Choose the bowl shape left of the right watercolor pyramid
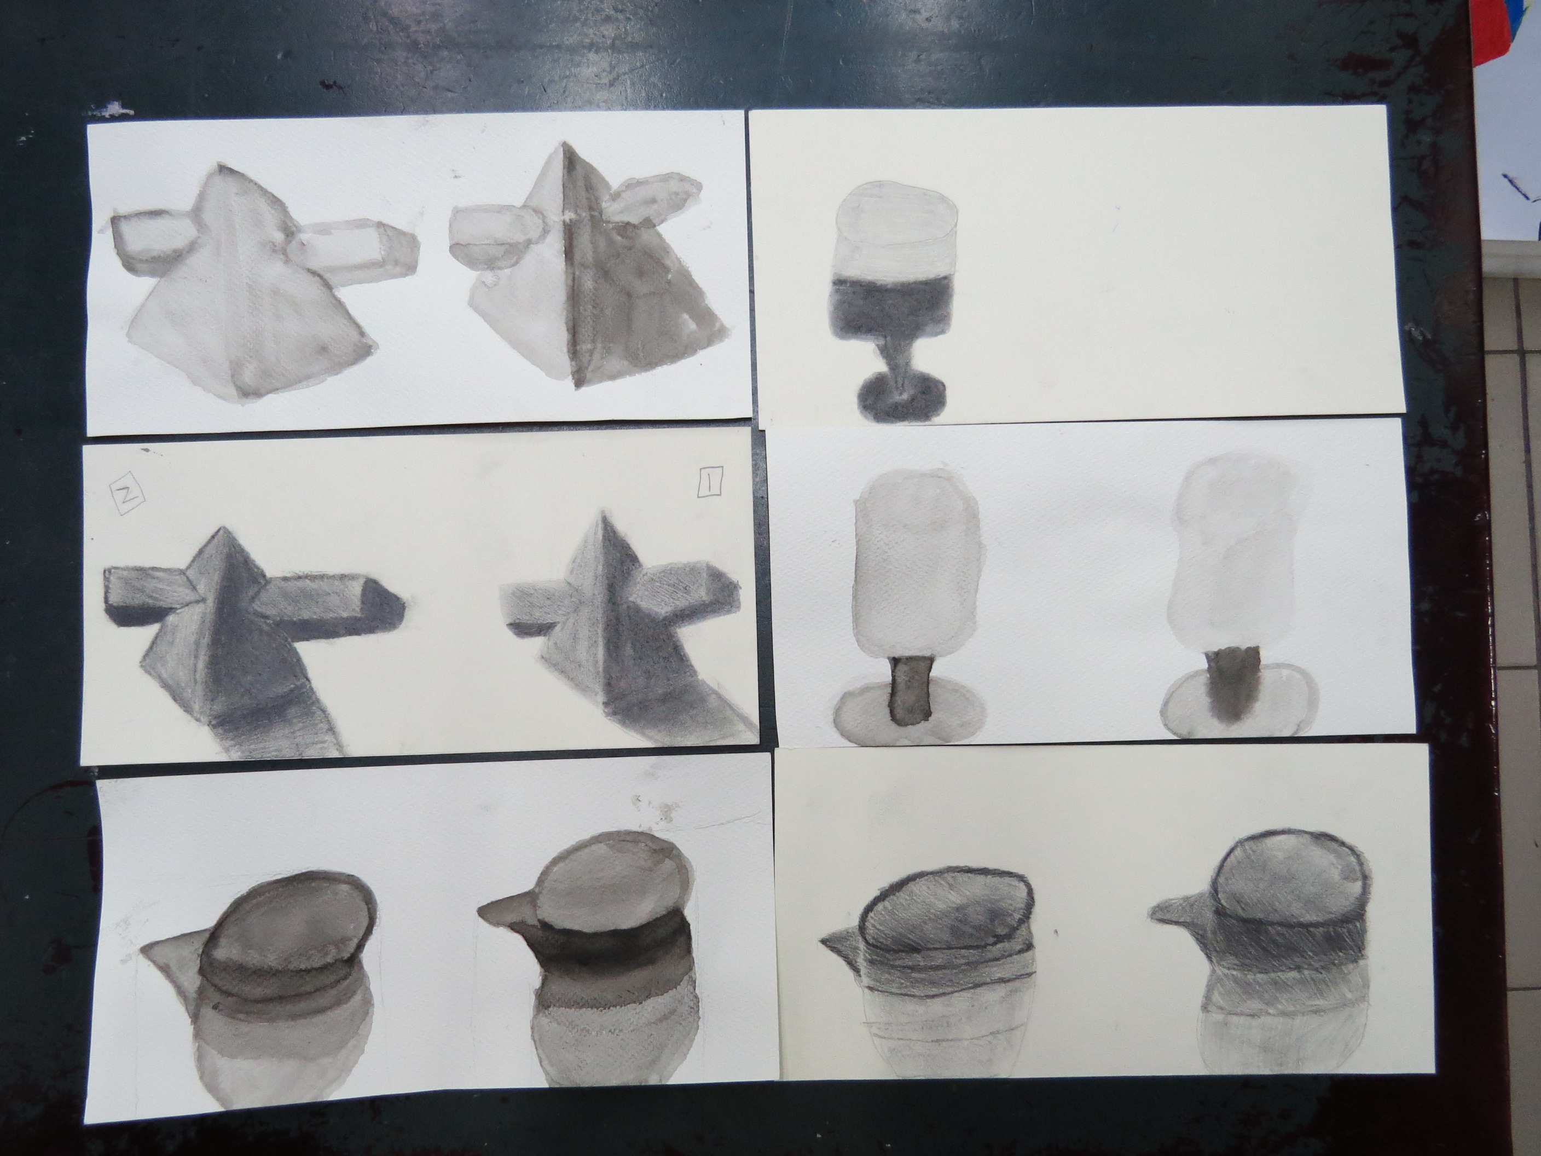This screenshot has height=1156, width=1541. coord(495,236)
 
